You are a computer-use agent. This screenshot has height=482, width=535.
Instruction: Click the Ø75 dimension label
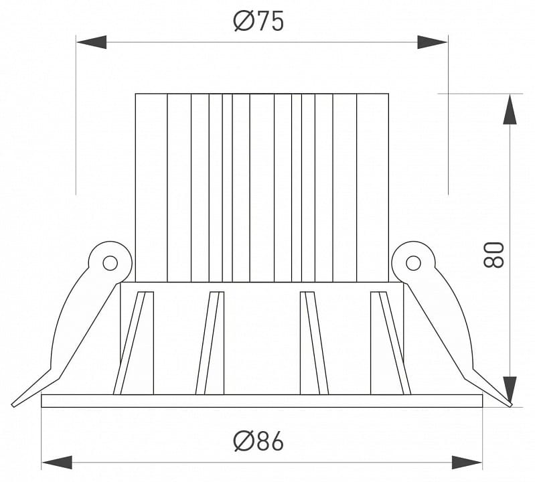point(258,21)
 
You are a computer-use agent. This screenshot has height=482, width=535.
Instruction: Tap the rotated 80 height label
point(493,254)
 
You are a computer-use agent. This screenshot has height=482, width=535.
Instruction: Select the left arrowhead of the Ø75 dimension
point(92,42)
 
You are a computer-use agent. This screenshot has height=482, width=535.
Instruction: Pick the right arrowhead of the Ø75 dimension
point(433,42)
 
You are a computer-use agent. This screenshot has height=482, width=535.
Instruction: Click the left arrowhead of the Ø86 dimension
point(57,462)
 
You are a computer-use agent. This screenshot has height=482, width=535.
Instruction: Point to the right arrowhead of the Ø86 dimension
point(467,462)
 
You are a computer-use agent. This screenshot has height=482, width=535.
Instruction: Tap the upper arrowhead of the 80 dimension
point(510,109)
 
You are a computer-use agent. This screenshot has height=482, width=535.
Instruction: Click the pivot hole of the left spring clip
point(110,263)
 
